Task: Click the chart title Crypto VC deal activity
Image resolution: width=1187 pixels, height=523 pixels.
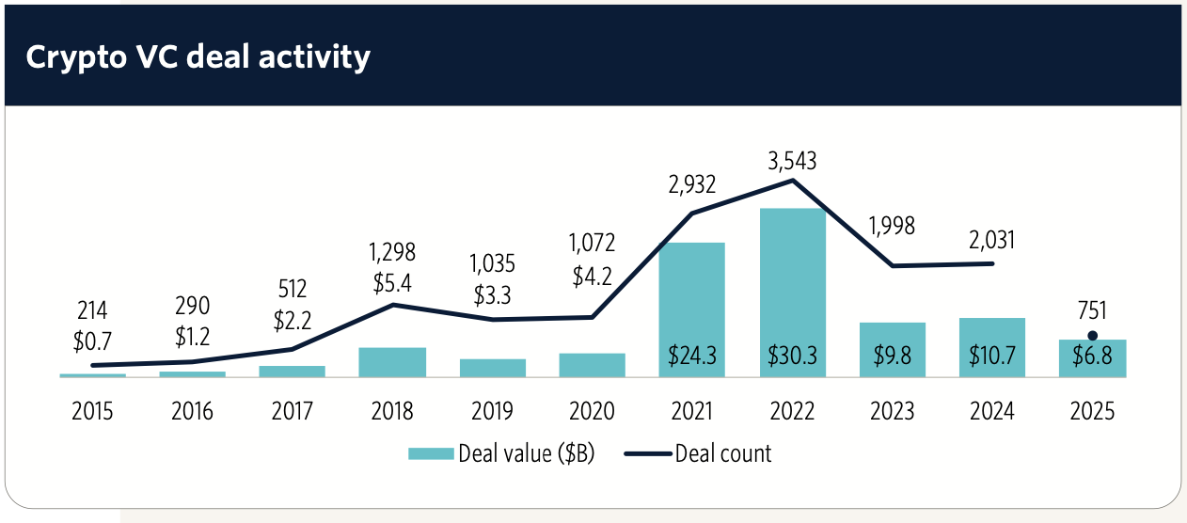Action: pyautogui.click(x=198, y=57)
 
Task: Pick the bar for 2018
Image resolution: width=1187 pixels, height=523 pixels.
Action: pyautogui.click(x=392, y=362)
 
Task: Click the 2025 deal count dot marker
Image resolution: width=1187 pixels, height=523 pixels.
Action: pyautogui.click(x=1092, y=336)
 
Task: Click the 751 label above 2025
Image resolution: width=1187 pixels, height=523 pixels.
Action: pyautogui.click(x=1092, y=311)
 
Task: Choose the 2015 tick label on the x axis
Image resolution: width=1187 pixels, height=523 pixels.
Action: pyautogui.click(x=92, y=411)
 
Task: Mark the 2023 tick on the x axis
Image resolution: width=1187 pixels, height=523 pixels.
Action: pyautogui.click(x=892, y=411)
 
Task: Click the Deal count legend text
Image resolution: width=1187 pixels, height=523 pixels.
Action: pyautogui.click(x=722, y=453)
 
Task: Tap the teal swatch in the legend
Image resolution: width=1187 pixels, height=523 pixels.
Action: pyautogui.click(x=431, y=453)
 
